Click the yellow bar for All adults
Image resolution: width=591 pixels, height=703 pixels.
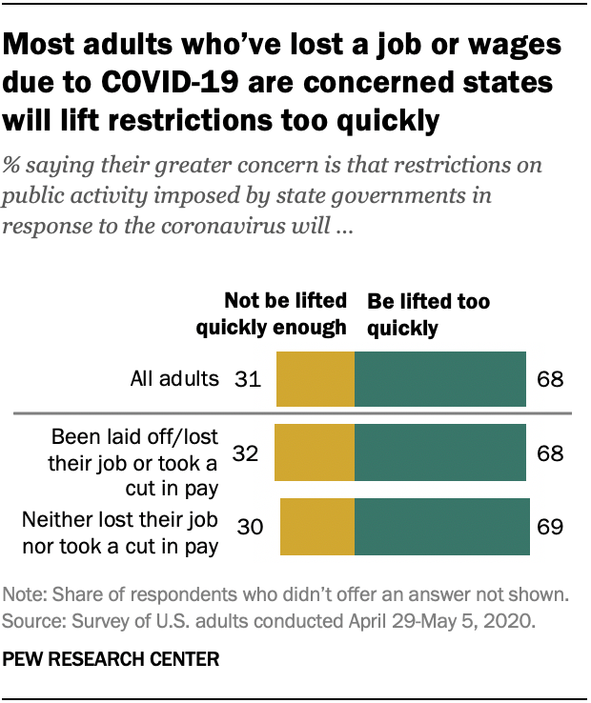click(x=315, y=378)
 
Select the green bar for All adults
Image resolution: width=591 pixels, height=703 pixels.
click(x=439, y=378)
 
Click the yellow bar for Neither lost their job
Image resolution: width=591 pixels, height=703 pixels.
click(x=316, y=526)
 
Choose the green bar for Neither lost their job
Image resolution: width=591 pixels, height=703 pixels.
click(x=442, y=526)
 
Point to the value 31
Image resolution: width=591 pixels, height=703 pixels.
click(x=248, y=379)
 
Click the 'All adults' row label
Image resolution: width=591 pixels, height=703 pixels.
click(x=174, y=379)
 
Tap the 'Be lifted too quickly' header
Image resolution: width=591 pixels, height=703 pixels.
click(x=428, y=315)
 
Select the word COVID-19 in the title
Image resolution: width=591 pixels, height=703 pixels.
click(x=181, y=82)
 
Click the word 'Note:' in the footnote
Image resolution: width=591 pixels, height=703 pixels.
click(x=28, y=595)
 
